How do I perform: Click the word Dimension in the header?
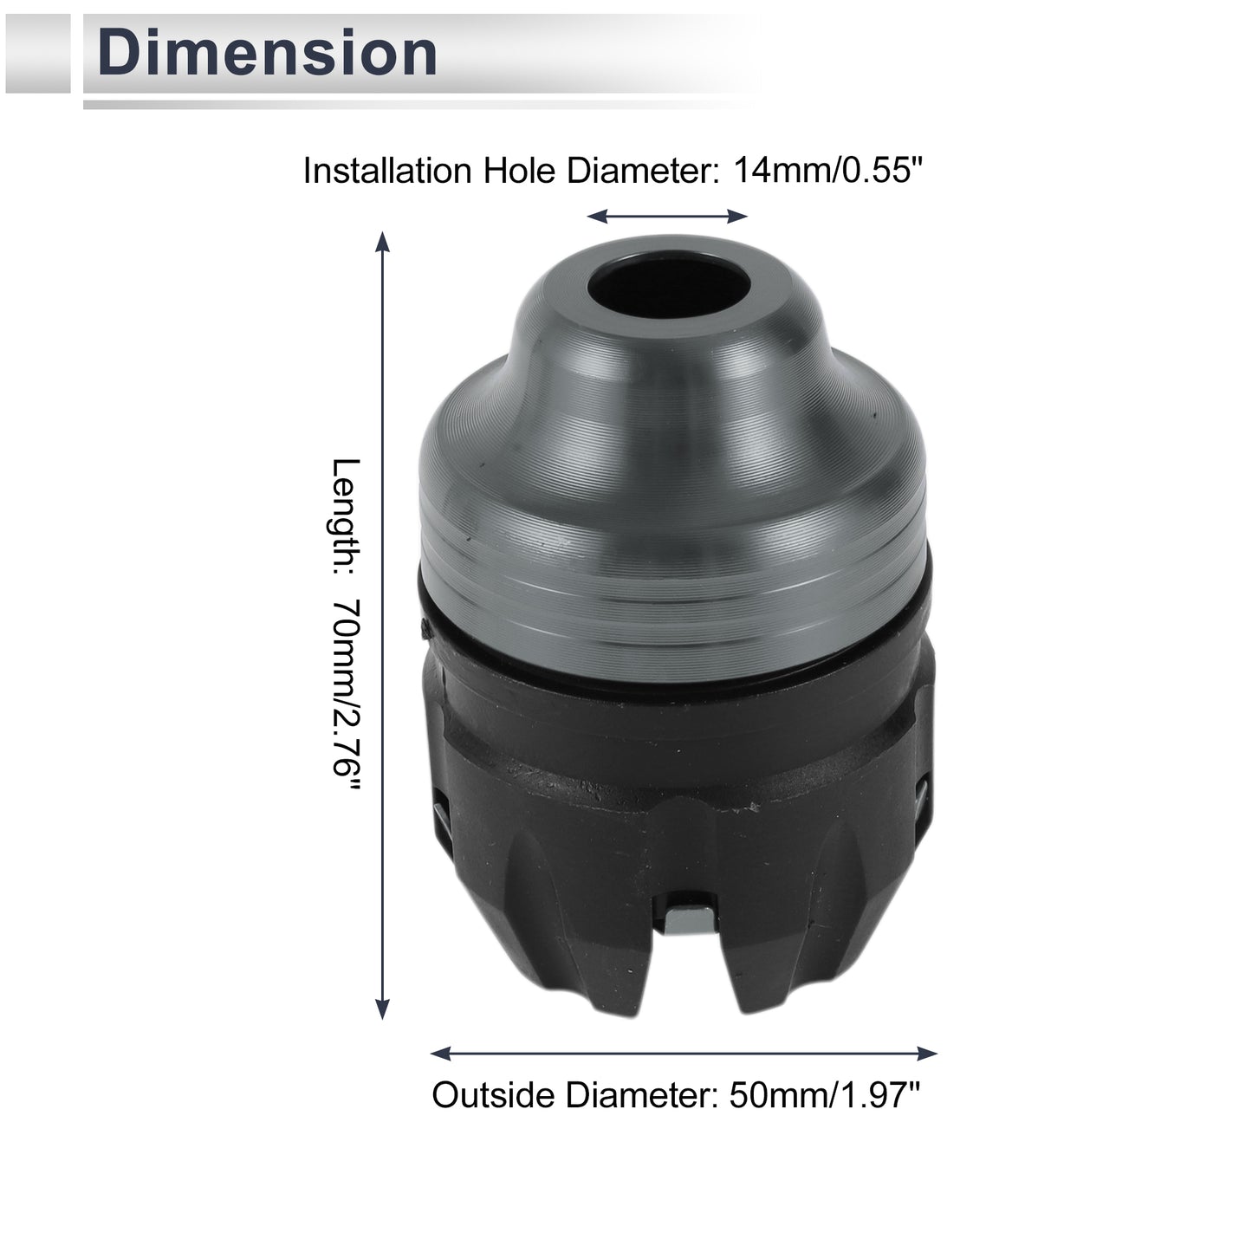(x=267, y=53)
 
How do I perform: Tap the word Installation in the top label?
(x=387, y=171)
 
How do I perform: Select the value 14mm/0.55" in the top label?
(x=827, y=171)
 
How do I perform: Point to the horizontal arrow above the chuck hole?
(x=667, y=217)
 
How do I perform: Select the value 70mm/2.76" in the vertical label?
(x=347, y=694)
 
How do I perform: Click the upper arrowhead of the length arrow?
(x=383, y=242)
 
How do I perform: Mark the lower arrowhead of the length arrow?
(x=383, y=1009)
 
